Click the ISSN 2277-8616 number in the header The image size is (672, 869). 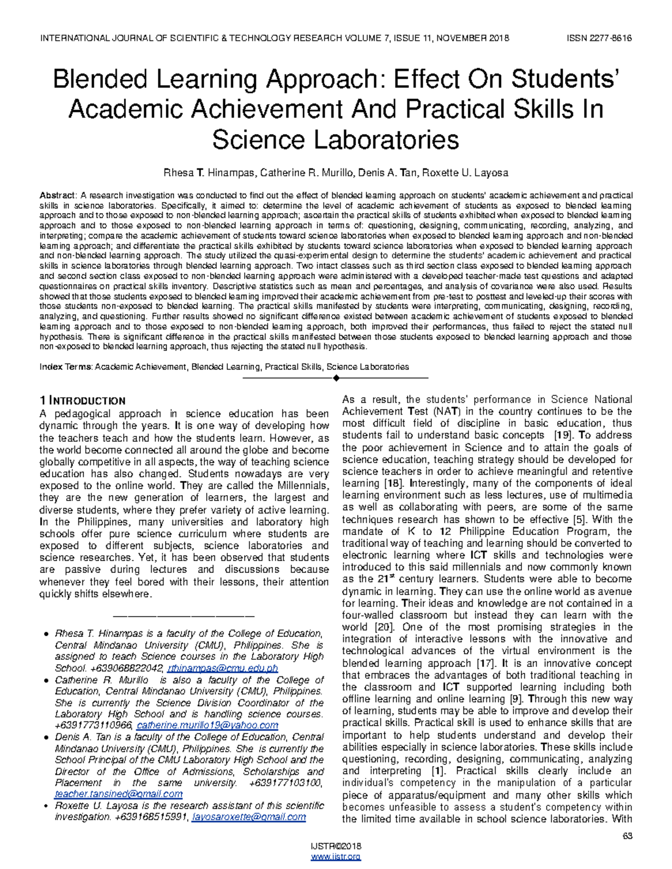599,38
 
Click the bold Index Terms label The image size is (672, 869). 66,367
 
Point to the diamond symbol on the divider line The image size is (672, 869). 336,379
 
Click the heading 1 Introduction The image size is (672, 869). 82,401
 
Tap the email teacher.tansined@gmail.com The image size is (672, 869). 118,794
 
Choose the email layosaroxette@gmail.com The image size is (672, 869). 249,817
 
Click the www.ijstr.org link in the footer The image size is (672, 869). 335,857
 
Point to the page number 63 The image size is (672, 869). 627,836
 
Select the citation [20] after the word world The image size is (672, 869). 384,627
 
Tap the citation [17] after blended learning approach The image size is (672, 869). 486,663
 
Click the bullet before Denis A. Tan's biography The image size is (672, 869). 44,738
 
